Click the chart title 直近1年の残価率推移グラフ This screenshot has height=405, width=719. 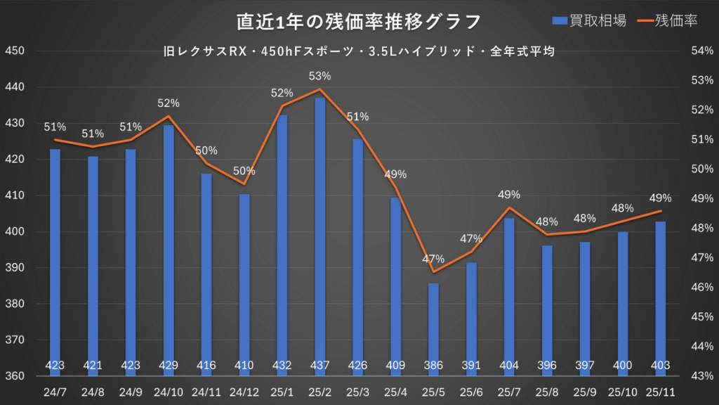pos(359,21)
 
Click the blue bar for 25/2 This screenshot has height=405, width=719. pos(320,232)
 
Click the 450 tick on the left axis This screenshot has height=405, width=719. pos(15,51)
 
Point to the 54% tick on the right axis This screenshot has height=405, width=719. pos(702,51)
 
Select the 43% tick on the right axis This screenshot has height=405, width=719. pos(702,376)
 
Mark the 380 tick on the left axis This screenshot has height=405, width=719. pos(15,304)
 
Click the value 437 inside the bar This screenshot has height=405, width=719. pos(320,365)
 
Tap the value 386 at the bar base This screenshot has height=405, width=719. pos(433,365)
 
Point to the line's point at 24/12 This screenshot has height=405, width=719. pos(244,184)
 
